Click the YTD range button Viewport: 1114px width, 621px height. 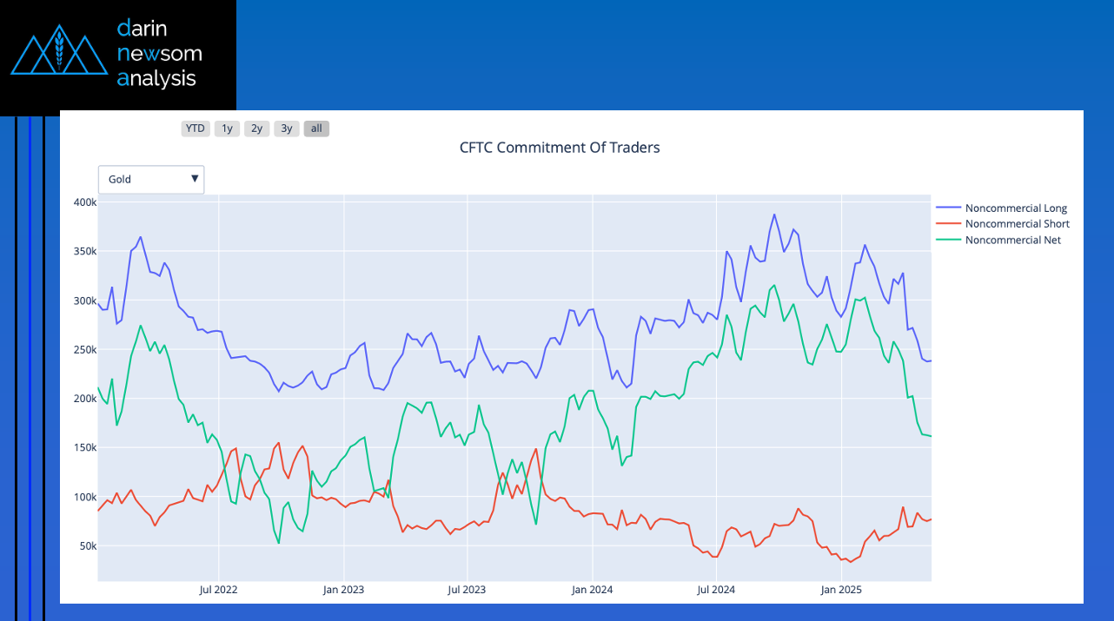coord(195,129)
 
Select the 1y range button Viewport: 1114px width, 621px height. coord(227,129)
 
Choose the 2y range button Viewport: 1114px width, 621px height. coord(256,129)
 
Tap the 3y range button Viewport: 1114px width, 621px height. coord(287,129)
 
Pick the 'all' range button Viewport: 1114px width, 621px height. coord(316,129)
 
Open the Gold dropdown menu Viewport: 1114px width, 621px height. coord(151,180)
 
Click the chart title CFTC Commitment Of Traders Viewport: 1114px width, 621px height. coord(560,148)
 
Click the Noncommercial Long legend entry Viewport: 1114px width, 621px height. coord(1015,208)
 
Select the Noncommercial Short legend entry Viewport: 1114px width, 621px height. coord(1017,224)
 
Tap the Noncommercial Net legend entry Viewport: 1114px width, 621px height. coord(1012,240)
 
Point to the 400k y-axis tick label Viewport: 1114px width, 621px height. coord(84,202)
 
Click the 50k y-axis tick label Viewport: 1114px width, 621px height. coord(87,546)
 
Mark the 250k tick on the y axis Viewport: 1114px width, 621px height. coord(84,350)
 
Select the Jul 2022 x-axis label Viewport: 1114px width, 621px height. coord(219,590)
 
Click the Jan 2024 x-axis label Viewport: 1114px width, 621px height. coord(592,590)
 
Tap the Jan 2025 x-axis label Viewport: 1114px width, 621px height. coord(841,590)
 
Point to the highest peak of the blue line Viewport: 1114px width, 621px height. coord(774,215)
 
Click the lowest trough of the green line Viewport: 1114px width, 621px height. coord(279,544)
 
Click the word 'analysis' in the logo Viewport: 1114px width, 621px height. coord(156,79)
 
